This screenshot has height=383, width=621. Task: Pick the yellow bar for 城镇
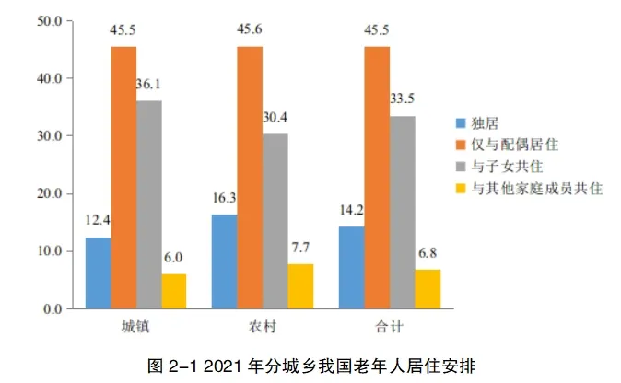173,291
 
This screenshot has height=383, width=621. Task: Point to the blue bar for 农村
224,262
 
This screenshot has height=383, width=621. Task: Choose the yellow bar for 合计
428,289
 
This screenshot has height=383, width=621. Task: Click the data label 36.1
149,86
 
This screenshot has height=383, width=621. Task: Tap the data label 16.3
224,199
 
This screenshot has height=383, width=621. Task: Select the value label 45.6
250,29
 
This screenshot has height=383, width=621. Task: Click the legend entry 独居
485,122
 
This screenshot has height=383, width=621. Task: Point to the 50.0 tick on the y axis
42,20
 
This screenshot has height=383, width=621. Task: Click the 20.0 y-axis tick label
42,194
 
